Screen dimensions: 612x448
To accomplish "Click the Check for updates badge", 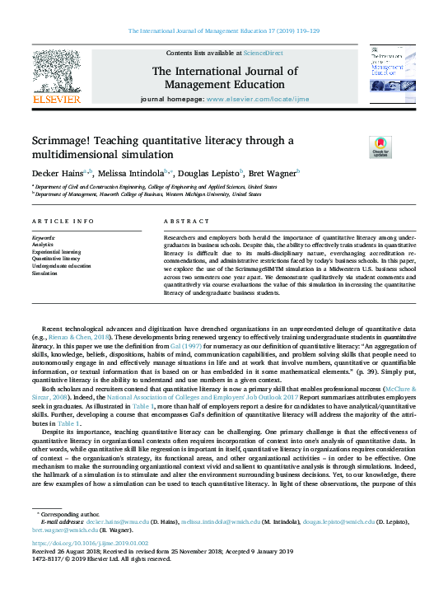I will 357,148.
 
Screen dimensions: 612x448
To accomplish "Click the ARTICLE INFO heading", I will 63,222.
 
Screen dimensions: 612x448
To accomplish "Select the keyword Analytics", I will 43,245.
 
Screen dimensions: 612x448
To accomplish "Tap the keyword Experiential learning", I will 57,252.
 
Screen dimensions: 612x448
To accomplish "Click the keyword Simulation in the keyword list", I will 44,273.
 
